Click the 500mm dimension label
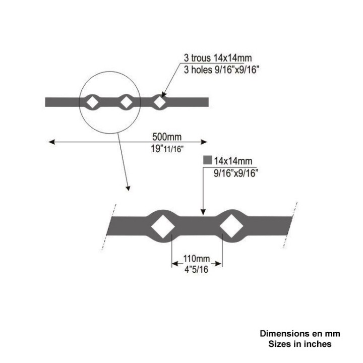pyautogui.click(x=167, y=137)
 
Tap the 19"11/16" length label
pyautogui.click(x=167, y=149)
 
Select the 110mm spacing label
pyautogui.click(x=197, y=258)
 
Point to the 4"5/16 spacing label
pyautogui.click(x=196, y=269)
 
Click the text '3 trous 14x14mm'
pyautogui.click(x=218, y=58)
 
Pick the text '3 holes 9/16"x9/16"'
pyautogui.click(x=221, y=70)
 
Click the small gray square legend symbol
pyautogui.click(x=208, y=160)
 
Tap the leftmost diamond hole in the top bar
pyautogui.click(x=93, y=102)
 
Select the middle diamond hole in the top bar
pyautogui.click(x=127, y=102)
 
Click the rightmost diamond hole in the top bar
pyautogui.click(x=159, y=102)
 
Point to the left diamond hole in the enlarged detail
pyautogui.click(x=163, y=226)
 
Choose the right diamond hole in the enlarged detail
pyautogui.click(x=231, y=226)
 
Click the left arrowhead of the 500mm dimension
pyautogui.click(x=51, y=142)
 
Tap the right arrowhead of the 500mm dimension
pyautogui.click(x=204, y=142)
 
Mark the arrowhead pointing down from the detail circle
pyautogui.click(x=128, y=189)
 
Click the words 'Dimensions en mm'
pyautogui.click(x=300, y=333)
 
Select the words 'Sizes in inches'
pyautogui.click(x=300, y=344)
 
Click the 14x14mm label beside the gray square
pyautogui.click(x=233, y=161)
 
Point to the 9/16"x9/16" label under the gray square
pyautogui.click(x=235, y=173)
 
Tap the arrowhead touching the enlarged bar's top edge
pyautogui.click(x=203, y=212)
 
